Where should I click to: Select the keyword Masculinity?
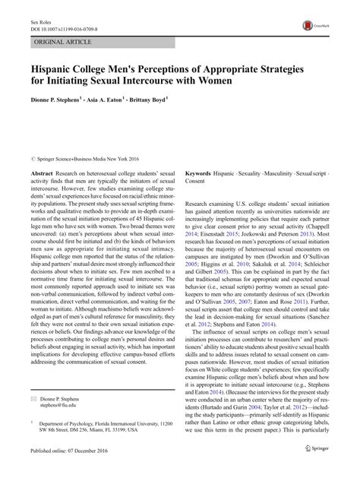[276, 174]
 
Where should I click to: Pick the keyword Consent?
[197, 182]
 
